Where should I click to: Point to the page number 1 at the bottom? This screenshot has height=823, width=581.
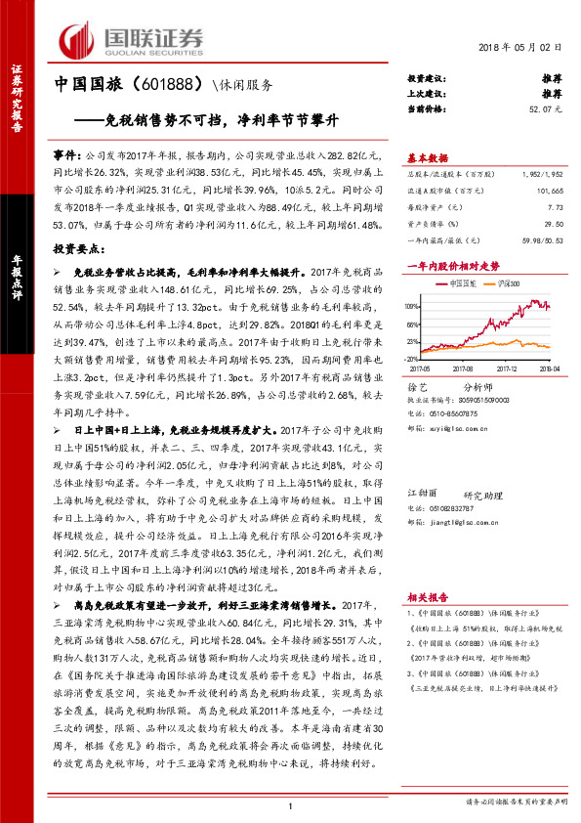(x=291, y=805)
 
